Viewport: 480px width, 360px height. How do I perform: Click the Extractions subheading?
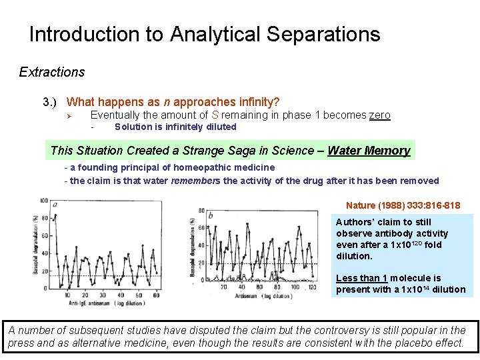52,72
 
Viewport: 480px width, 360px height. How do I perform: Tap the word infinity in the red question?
255,102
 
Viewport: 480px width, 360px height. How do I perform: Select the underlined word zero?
379,115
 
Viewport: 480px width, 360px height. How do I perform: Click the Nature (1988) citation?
403,205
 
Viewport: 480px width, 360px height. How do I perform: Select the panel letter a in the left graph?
55,205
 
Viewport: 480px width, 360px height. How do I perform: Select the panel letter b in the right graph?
211,215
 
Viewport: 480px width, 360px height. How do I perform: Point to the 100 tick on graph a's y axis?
44,201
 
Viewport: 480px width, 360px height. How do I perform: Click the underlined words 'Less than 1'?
361,278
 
